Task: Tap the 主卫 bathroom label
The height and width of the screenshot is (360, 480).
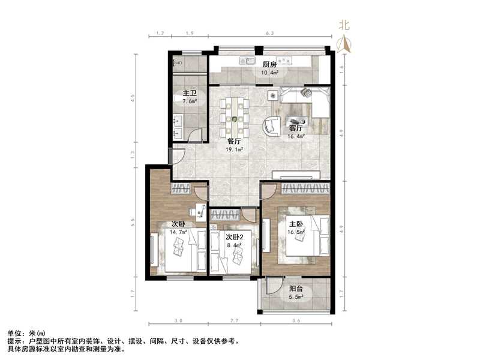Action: click(190, 94)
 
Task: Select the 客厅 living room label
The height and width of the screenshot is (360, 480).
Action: click(296, 128)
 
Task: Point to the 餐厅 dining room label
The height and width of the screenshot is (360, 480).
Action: click(234, 142)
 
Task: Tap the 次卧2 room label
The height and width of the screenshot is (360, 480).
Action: click(233, 237)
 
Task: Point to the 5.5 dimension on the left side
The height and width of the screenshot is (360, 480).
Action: click(134, 220)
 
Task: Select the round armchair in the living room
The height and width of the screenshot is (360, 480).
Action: click(271, 126)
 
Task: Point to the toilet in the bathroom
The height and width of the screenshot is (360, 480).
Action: click(178, 63)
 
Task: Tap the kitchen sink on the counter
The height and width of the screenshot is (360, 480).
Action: click(247, 61)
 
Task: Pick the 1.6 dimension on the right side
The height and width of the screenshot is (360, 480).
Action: click(342, 68)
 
